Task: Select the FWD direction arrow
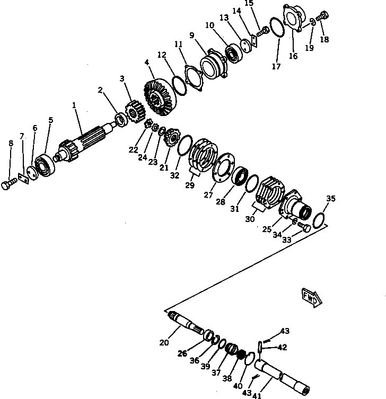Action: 310,297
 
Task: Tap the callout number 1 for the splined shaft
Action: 75,105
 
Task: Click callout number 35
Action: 331,199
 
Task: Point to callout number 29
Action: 190,185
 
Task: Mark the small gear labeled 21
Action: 171,139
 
